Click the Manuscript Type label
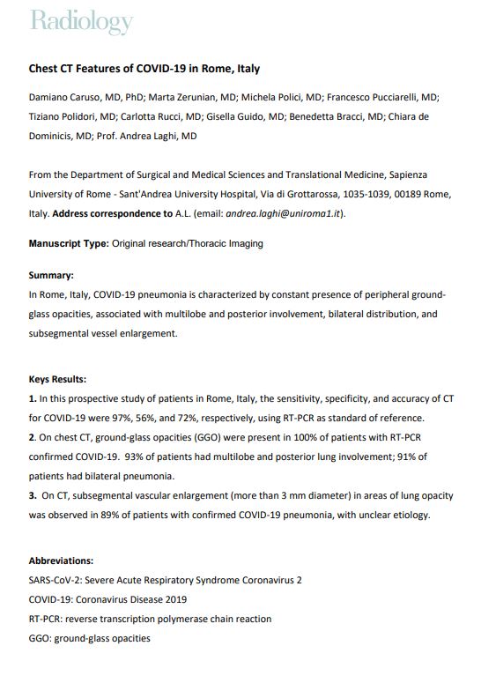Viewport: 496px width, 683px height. [68, 243]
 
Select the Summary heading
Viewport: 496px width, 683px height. [51, 274]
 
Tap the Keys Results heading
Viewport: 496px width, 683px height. [57, 380]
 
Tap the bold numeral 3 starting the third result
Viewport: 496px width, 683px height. [32, 495]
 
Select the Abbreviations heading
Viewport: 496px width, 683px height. [61, 561]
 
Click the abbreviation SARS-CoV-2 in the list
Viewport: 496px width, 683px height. [56, 580]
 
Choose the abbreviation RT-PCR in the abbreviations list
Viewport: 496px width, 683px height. [47, 619]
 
